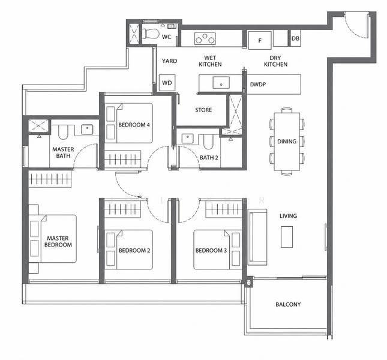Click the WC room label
pyautogui.click(x=166, y=37)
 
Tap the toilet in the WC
pyautogui.click(x=150, y=34)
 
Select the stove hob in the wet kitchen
pyautogui.click(x=205, y=39)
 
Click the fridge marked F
pyautogui.click(x=260, y=40)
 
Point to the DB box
pyautogui.click(x=295, y=38)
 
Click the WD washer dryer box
pyautogui.click(x=167, y=83)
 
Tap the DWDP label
pyautogui.click(x=257, y=85)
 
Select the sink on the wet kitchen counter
pyautogui.click(x=221, y=82)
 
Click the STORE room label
pyautogui.click(x=203, y=110)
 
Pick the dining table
pyautogui.click(x=287, y=142)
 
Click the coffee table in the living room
pyautogui.click(x=287, y=237)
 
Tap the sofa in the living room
pyautogui.click(x=257, y=237)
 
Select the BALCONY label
pyautogui.click(x=288, y=304)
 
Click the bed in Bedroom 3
pyautogui.click(x=217, y=250)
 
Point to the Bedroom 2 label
pyautogui.click(x=134, y=250)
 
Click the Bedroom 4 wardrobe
pyautogui.click(x=122, y=159)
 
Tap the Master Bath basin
pyautogui.click(x=87, y=130)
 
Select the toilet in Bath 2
pyautogui.click(x=208, y=142)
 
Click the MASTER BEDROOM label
pyautogui.click(x=58, y=241)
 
